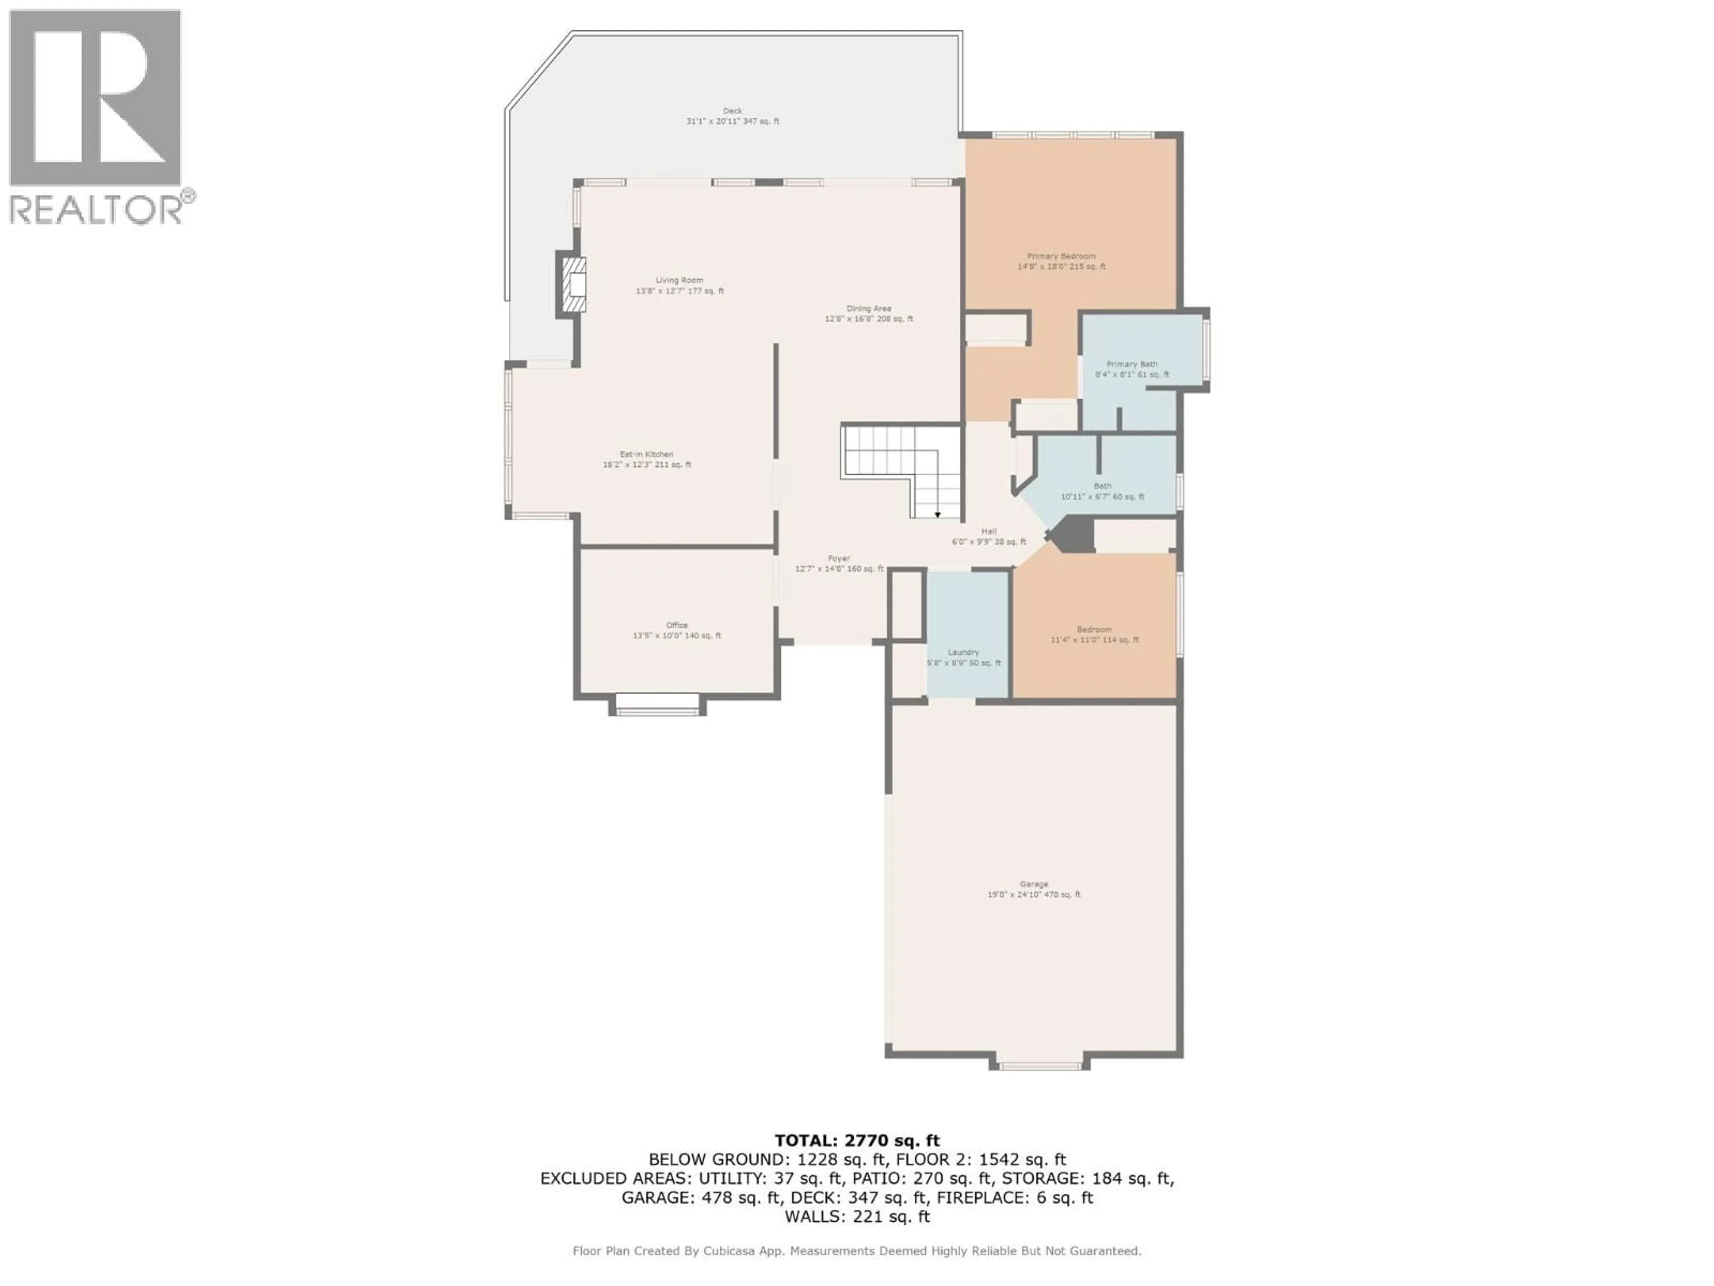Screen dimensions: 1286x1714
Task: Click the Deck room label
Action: click(x=732, y=116)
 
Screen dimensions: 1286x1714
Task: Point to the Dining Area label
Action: click(x=869, y=313)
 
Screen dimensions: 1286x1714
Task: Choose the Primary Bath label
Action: click(x=1132, y=369)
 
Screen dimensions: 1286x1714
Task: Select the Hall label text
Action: click(x=989, y=536)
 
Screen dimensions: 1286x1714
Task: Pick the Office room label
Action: click(x=677, y=630)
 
